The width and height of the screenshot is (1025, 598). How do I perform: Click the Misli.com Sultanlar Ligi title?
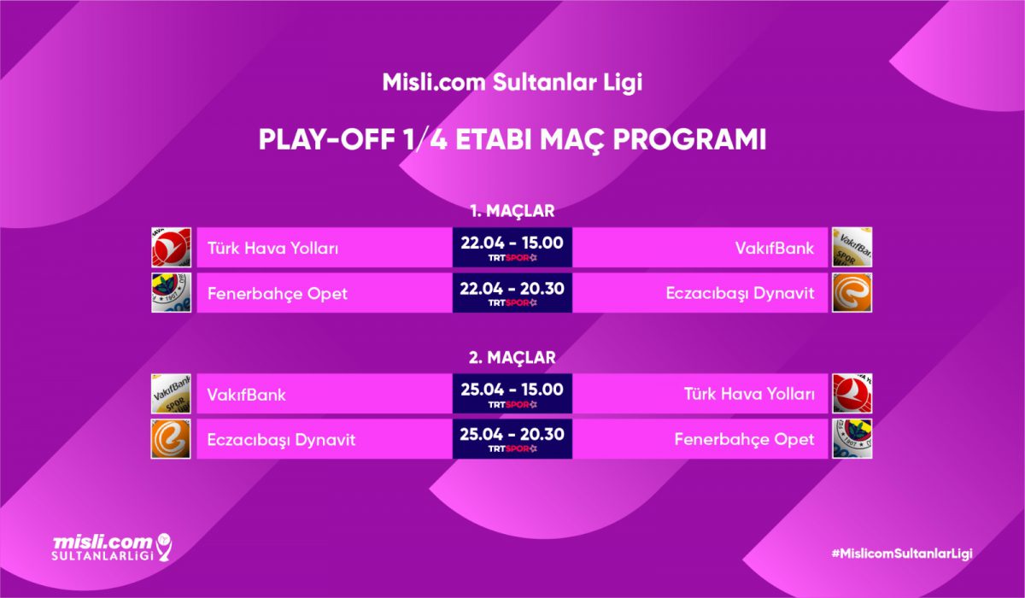tap(512, 82)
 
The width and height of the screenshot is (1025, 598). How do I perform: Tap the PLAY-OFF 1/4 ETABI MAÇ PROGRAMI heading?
tap(512, 140)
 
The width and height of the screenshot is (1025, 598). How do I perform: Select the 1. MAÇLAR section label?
tap(512, 211)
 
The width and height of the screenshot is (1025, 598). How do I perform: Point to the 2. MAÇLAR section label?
tap(512, 357)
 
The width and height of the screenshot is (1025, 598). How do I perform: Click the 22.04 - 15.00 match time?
tap(512, 243)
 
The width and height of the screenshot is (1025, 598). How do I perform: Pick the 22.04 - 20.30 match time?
tap(512, 289)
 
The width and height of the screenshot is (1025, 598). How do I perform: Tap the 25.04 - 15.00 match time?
tap(512, 390)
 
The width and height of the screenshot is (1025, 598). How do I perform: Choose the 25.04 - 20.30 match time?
tap(512, 434)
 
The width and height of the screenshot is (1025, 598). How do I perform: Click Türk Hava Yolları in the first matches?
tap(272, 249)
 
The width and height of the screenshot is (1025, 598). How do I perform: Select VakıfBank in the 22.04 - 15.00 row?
tap(775, 248)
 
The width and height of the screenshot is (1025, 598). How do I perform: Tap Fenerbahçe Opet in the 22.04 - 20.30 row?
tap(278, 293)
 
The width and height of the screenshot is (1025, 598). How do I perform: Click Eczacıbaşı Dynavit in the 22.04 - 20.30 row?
tap(740, 293)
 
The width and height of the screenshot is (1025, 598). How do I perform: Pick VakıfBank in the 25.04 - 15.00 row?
tap(246, 395)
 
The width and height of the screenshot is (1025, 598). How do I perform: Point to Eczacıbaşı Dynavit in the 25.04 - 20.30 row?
tap(281, 440)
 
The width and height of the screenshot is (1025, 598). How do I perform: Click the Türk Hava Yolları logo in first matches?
tap(171, 247)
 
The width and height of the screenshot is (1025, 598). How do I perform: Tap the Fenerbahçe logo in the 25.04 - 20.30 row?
tap(852, 439)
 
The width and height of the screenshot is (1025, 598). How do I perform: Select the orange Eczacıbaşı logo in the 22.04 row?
tap(852, 293)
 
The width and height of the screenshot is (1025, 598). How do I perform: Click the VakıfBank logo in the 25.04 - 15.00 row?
tap(171, 394)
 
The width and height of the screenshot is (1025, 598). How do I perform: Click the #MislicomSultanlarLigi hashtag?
tap(901, 554)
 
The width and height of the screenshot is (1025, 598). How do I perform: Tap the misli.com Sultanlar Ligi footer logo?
tap(112, 548)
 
